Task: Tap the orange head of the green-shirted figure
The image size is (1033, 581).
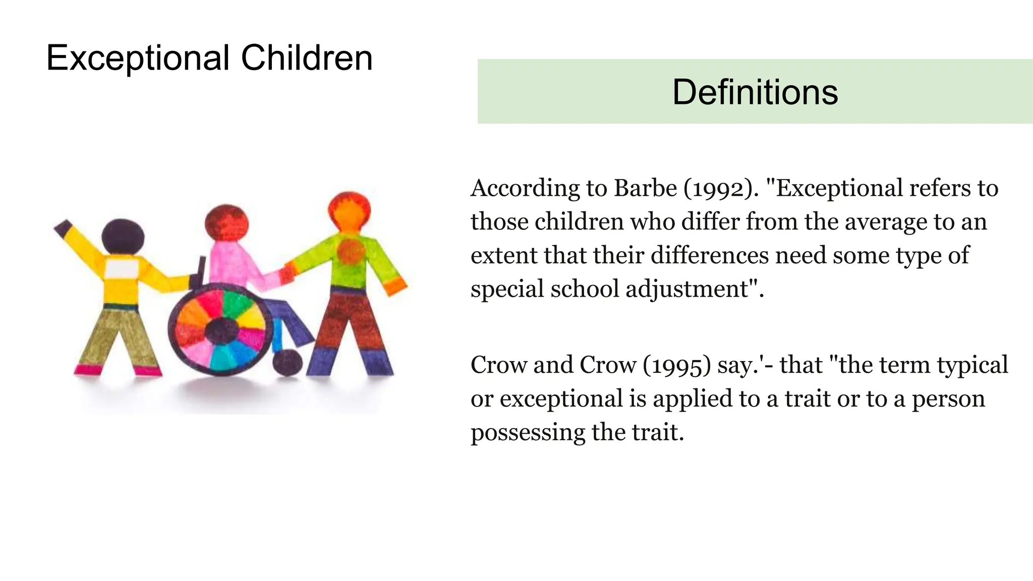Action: [349, 211]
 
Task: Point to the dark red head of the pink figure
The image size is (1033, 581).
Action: [227, 223]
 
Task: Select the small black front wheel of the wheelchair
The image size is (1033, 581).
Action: [288, 362]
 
